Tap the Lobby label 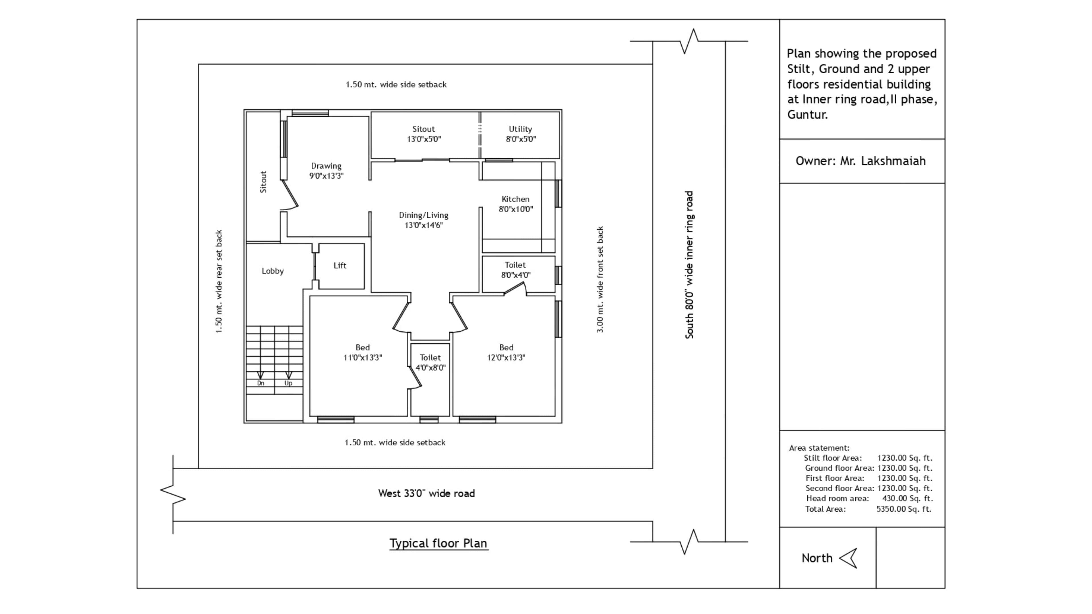tap(273, 271)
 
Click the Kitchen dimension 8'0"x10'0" tap(516, 209)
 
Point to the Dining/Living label tap(423, 215)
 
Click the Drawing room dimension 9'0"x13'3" tap(326, 176)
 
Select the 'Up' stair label tap(288, 383)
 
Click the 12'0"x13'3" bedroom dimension tap(506, 358)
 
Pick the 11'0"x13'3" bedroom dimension tap(363, 358)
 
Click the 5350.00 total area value tap(904, 509)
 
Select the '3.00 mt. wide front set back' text tap(600, 280)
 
